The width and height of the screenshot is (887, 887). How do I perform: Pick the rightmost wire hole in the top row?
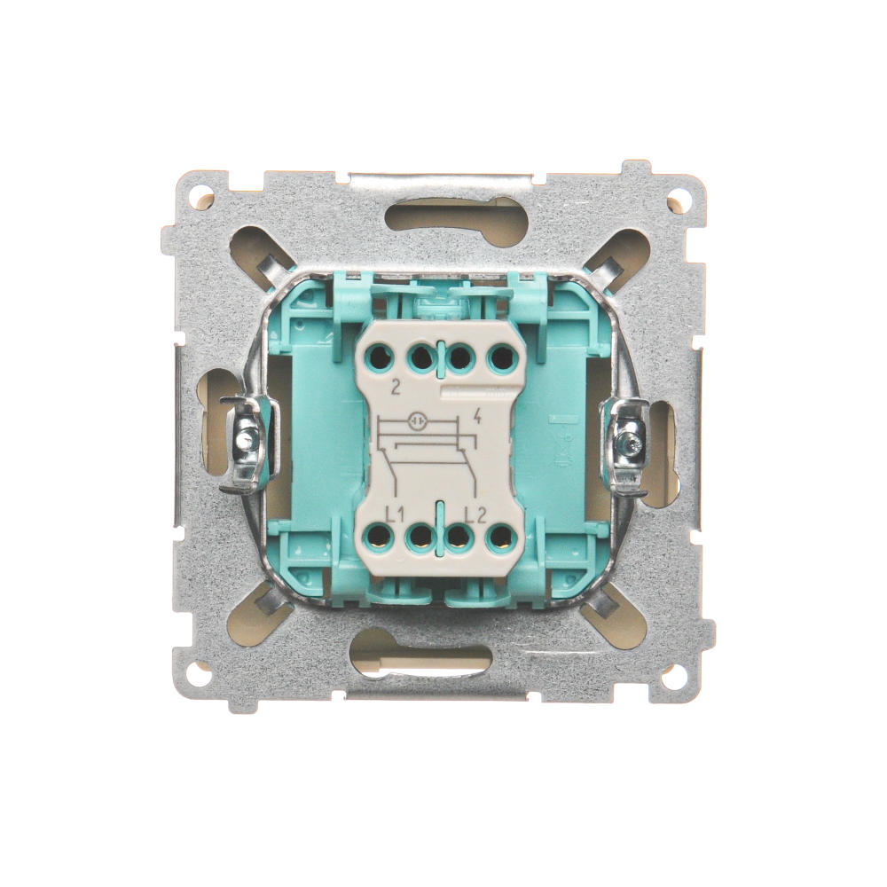(500, 357)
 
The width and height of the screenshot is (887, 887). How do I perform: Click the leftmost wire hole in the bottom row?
(379, 537)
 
